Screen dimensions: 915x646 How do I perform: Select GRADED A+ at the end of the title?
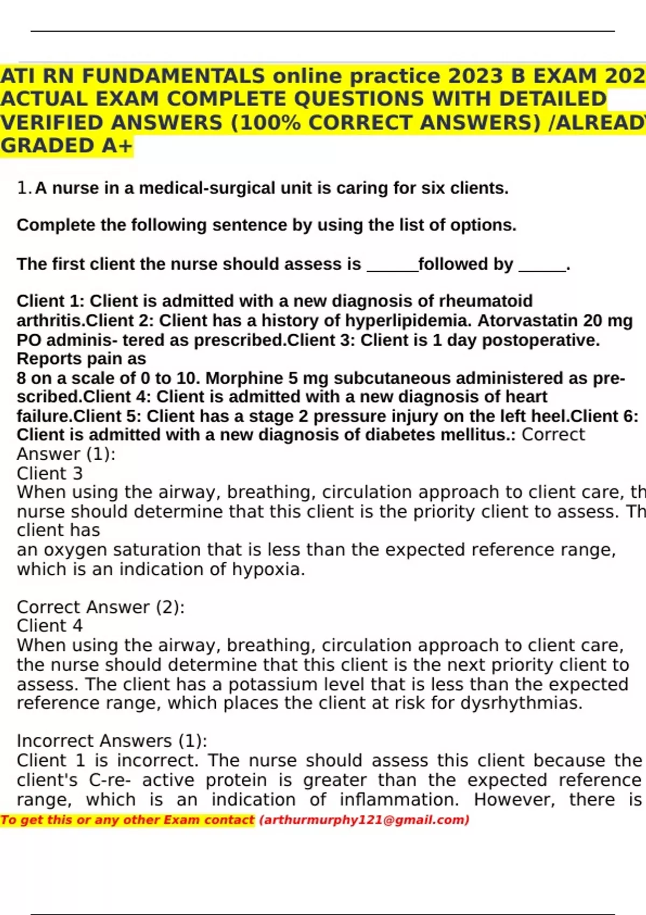click(66, 146)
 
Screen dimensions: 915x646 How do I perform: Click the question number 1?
click(23, 188)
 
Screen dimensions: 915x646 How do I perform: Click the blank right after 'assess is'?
click(392, 265)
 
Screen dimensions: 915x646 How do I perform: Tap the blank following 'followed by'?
click(542, 265)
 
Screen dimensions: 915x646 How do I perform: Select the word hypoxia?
click(268, 569)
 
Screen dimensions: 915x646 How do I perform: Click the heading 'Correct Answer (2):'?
click(101, 607)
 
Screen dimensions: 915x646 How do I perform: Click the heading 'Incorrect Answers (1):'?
click(112, 741)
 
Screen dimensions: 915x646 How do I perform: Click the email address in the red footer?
click(364, 820)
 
